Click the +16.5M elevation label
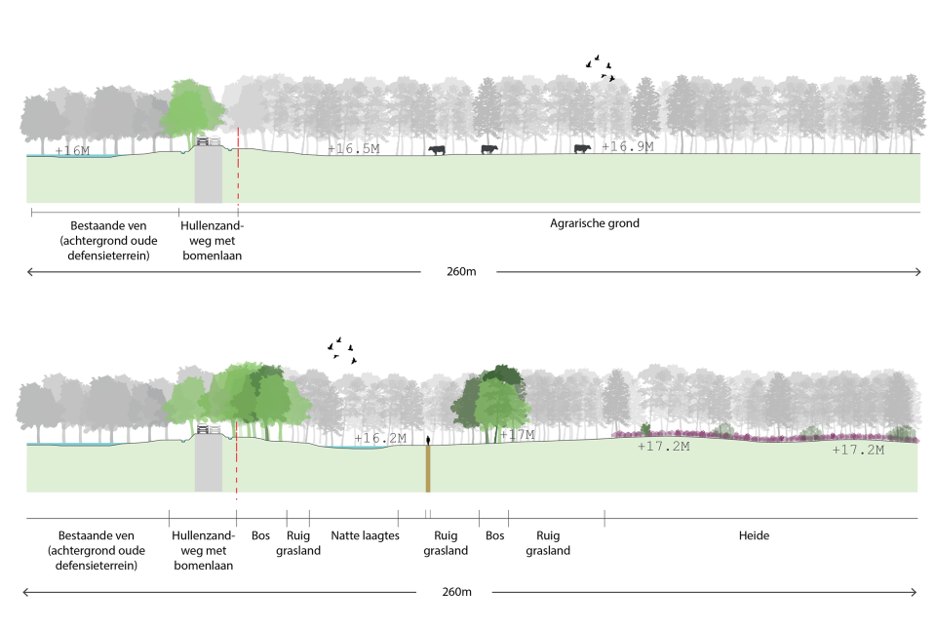tap(353, 149)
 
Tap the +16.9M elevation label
tap(628, 146)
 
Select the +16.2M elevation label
tap(379, 439)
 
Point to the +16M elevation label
tap(72, 151)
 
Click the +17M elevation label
tap(518, 435)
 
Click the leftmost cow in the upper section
tap(436, 149)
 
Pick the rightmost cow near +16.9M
tap(582, 148)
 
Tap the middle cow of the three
tap(488, 149)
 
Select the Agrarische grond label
tap(594, 223)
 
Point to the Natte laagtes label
tap(365, 535)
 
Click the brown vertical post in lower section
tap(427, 467)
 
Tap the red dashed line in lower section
tap(237, 458)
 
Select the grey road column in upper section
tap(209, 176)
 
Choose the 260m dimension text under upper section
tap(459, 272)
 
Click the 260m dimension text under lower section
tap(456, 592)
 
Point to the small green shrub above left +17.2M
tap(645, 429)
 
